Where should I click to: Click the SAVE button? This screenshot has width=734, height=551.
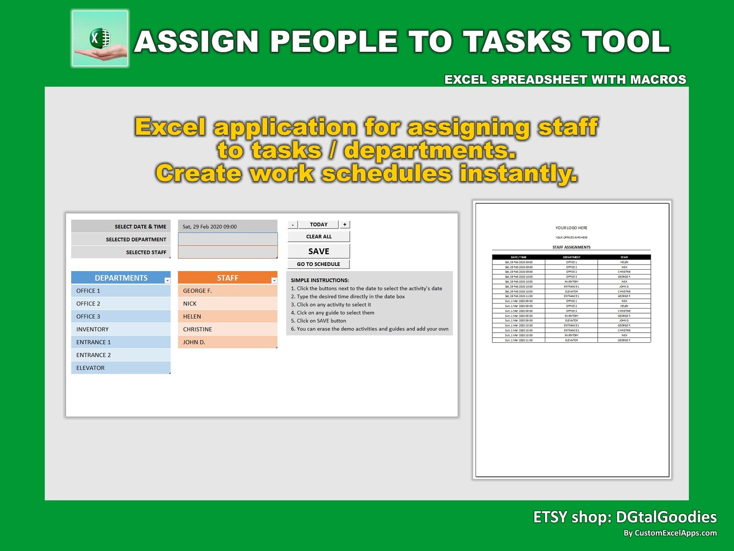pos(318,251)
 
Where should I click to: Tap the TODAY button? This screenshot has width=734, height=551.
pos(318,224)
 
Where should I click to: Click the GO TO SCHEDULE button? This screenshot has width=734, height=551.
pos(318,264)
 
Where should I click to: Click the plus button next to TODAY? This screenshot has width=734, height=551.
pos(345,224)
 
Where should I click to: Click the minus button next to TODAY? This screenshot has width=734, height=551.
pos(293,225)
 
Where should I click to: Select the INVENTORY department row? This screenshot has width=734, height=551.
pos(121,329)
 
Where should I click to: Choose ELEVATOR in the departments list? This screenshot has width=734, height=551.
pos(121,368)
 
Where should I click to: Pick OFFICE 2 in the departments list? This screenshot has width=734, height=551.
pos(121,303)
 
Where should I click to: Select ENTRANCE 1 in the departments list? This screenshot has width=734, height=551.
pos(121,342)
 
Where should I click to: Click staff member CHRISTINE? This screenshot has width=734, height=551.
pos(227,329)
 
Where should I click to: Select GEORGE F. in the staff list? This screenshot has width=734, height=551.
pos(227,291)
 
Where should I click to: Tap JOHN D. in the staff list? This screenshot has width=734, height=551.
pos(227,342)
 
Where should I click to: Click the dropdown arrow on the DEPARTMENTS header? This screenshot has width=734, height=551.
pos(167,280)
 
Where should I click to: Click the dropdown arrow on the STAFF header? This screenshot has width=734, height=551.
pos(274,280)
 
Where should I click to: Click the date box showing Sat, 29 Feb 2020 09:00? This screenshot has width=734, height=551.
pos(227,227)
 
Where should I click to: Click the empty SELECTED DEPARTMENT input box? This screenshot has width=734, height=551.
pos(227,239)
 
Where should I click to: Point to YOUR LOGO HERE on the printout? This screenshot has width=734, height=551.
pos(571,228)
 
